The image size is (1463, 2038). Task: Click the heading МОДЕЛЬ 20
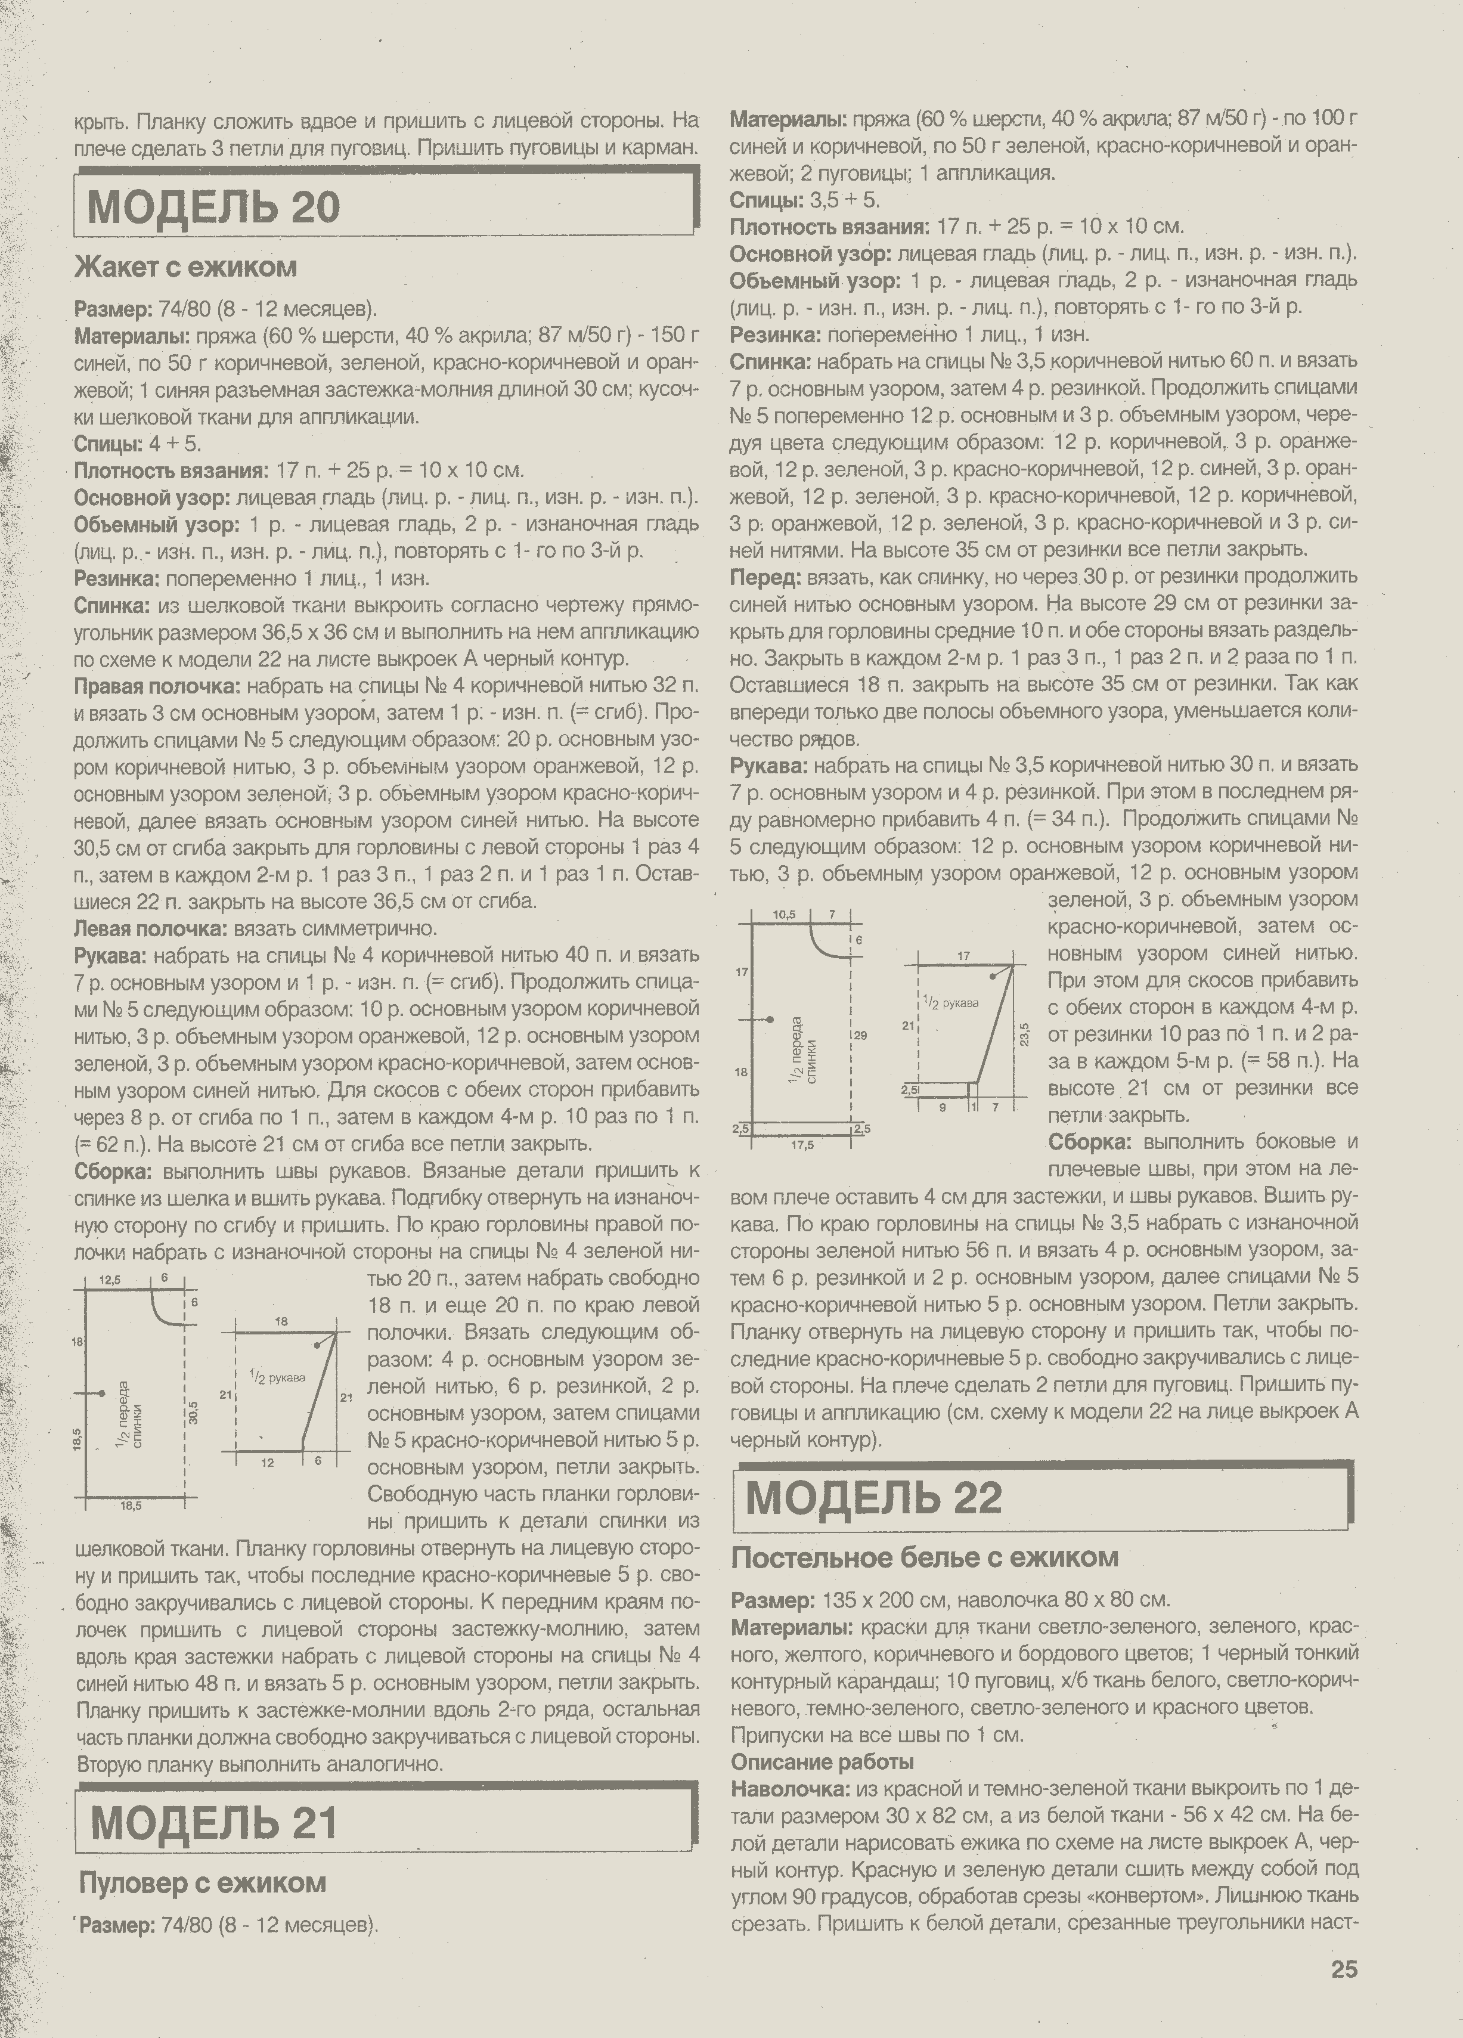tap(214, 207)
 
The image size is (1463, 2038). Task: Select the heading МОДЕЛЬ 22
tap(873, 1497)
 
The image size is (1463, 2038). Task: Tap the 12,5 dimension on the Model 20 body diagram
tap(112, 1279)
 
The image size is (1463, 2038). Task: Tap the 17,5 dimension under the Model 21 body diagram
tap(802, 1145)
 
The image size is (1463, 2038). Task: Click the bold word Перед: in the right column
tap(765, 576)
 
